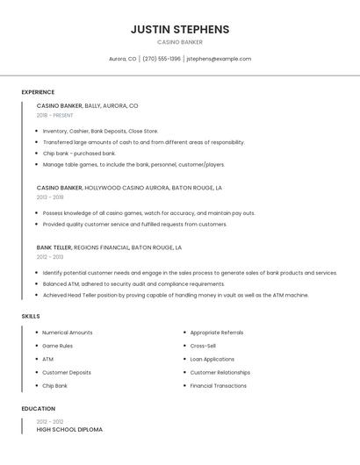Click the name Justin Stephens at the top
tap(180, 29)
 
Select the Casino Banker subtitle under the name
tap(180, 42)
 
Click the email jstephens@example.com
tap(219, 59)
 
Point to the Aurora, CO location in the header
tap(122, 59)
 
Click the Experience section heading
tap(38, 92)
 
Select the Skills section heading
tap(30, 316)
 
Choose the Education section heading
tap(38, 409)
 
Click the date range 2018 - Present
tap(54, 115)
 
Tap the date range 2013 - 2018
tap(50, 197)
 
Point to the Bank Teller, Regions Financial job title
tap(109, 247)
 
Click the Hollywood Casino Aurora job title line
tap(129, 188)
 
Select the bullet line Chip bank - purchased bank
tap(79, 154)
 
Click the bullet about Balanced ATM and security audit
tap(133, 284)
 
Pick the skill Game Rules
tap(57, 346)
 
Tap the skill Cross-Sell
tap(203, 346)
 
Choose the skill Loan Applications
tap(212, 359)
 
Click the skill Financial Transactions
tap(218, 385)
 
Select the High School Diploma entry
tap(69, 430)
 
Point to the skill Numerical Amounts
tap(67, 333)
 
